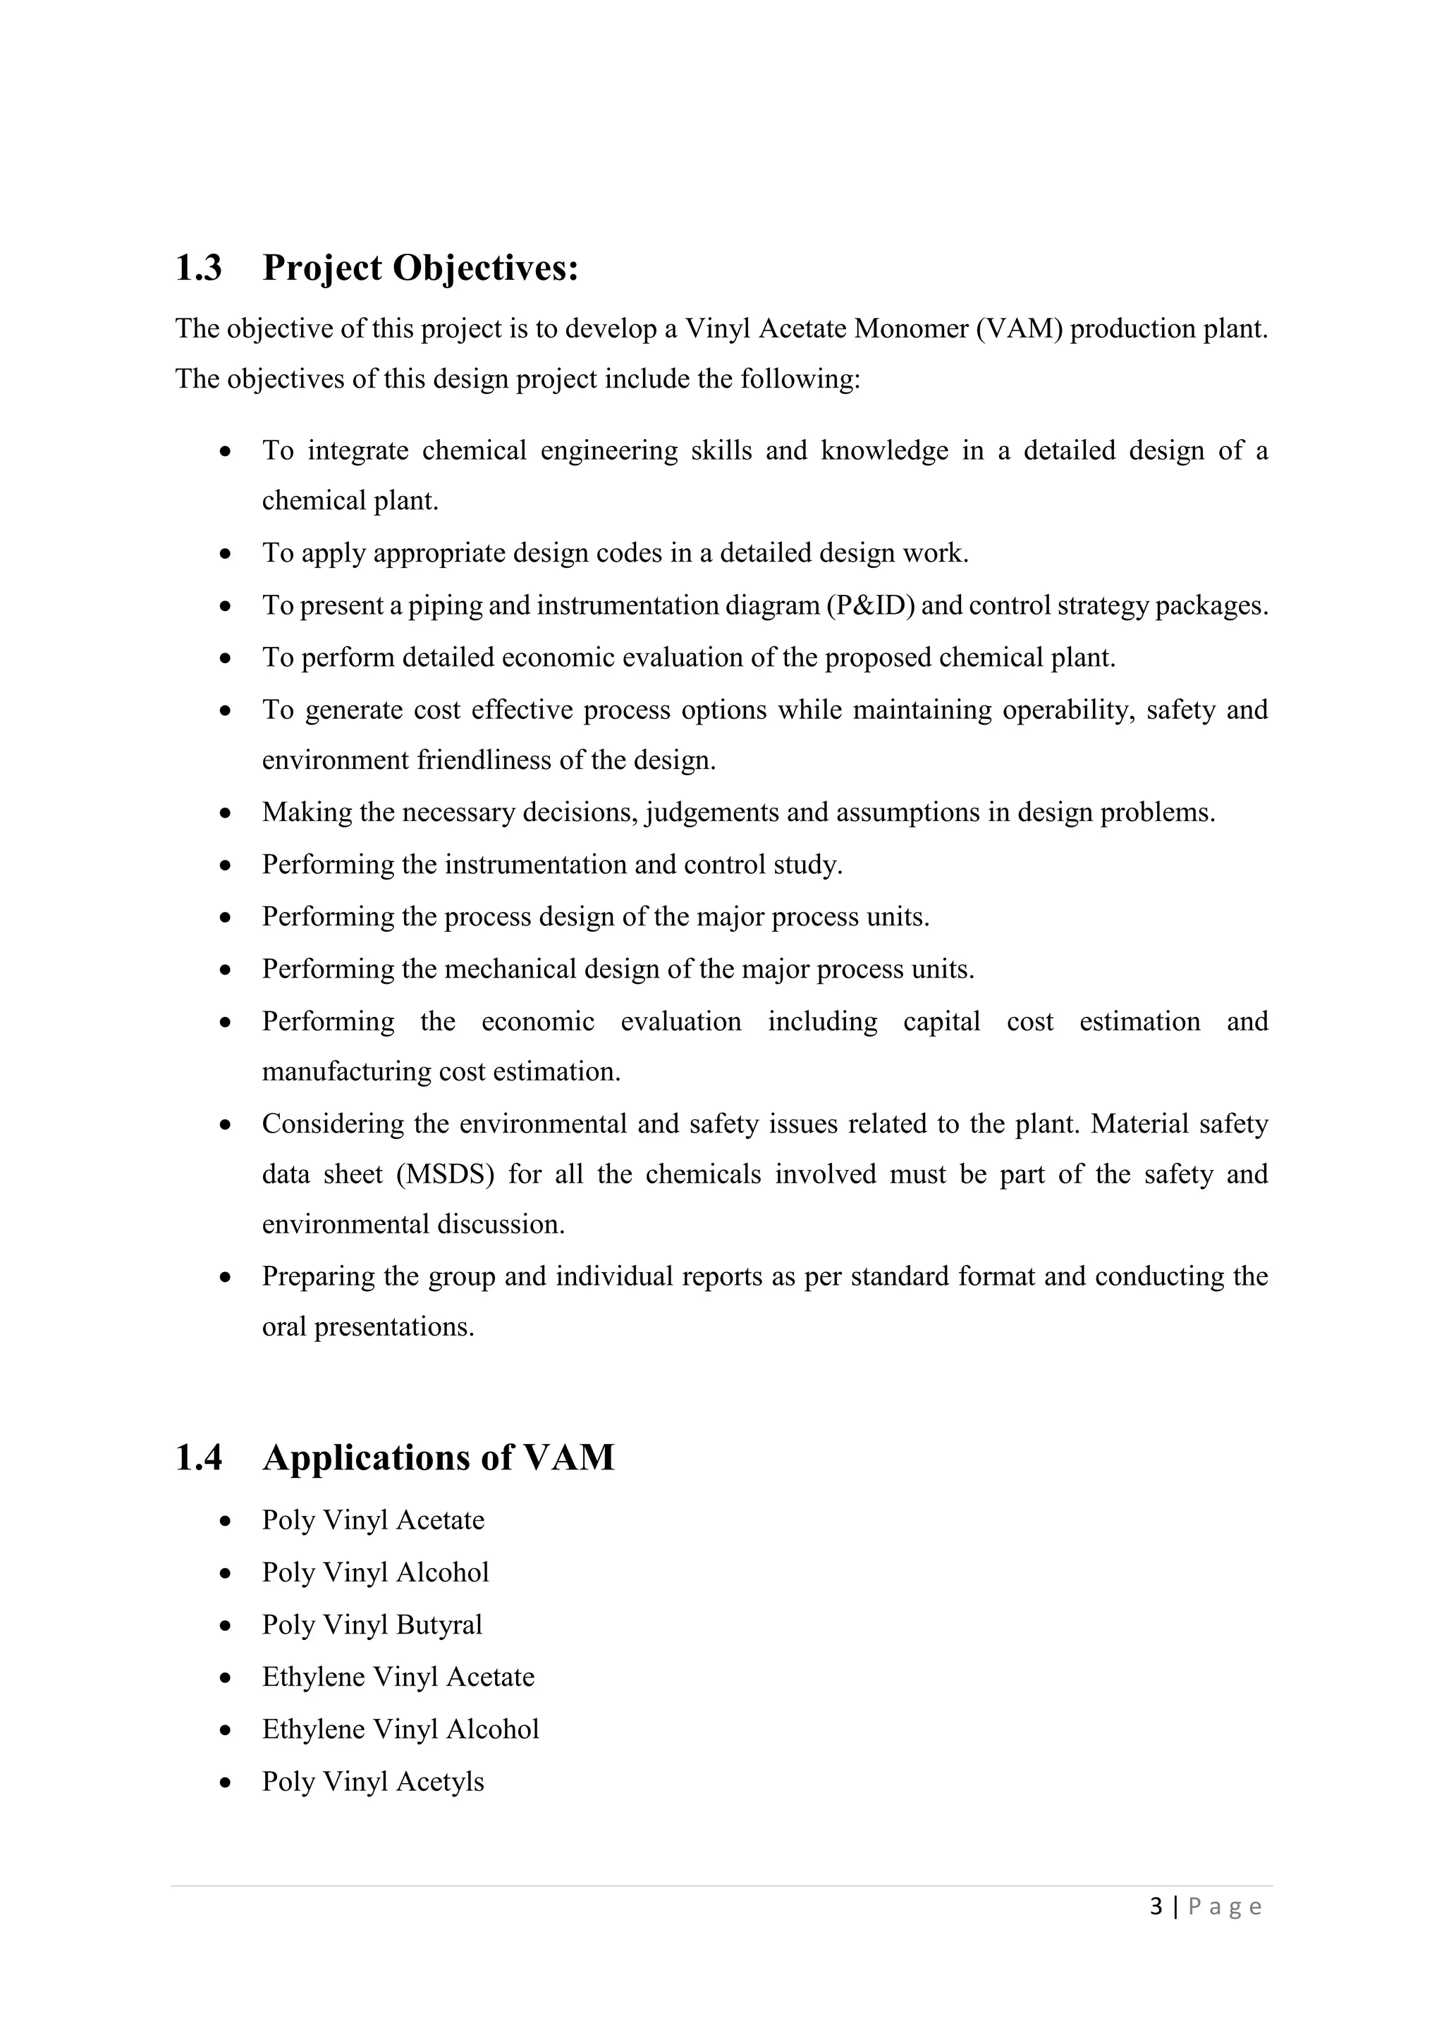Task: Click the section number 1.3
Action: [x=198, y=268]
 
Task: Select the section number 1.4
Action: [x=198, y=1458]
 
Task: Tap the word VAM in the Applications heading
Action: [x=569, y=1458]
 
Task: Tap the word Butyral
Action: [x=439, y=1625]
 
